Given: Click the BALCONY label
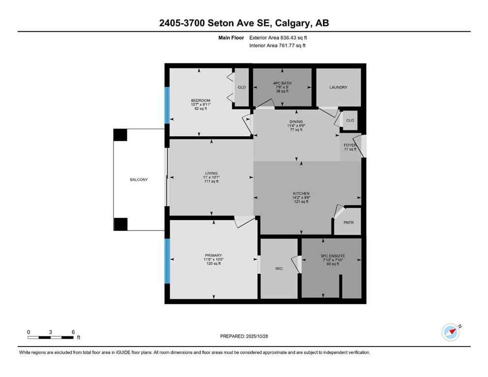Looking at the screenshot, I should [x=139, y=180].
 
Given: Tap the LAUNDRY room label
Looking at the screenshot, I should [x=338, y=87].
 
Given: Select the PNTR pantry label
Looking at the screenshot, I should [x=348, y=223].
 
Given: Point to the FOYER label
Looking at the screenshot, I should [x=350, y=145].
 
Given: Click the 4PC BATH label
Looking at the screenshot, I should [x=282, y=83].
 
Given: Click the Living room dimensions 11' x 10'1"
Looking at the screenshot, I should [x=211, y=177].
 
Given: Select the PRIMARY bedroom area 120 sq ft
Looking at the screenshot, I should [x=213, y=264].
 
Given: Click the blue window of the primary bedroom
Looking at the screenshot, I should [x=167, y=261].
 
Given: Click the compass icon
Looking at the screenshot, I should [x=450, y=332].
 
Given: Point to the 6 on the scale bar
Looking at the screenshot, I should [x=73, y=332].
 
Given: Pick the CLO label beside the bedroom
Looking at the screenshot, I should [x=242, y=87].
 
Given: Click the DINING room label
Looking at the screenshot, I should [x=296, y=122].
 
